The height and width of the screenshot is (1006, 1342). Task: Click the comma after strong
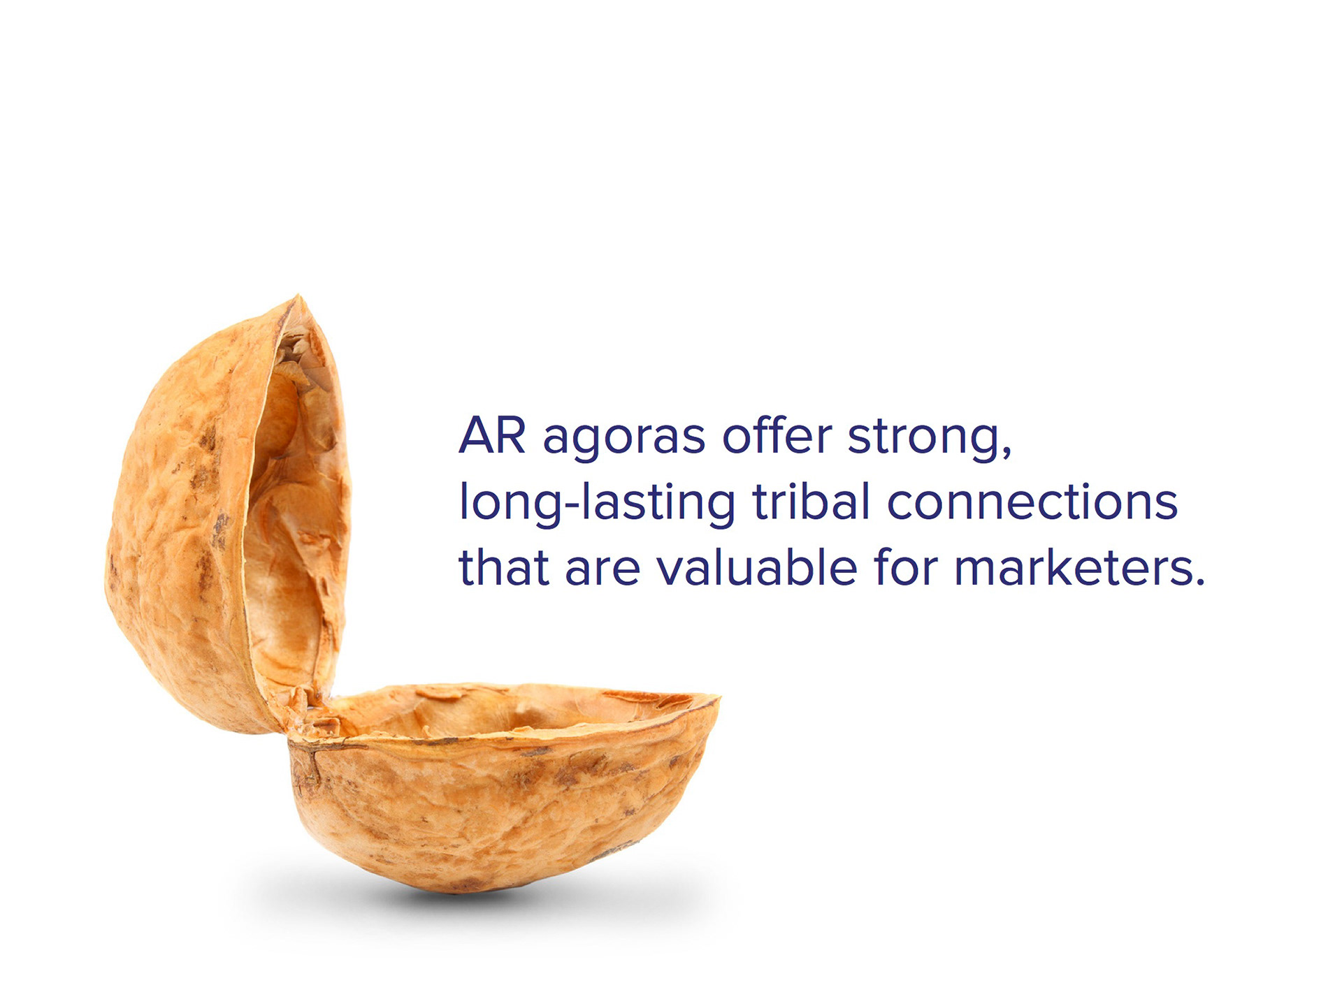click(x=1006, y=452)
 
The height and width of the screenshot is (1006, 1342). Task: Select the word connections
click(x=1032, y=501)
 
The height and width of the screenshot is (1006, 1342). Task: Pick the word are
click(x=603, y=571)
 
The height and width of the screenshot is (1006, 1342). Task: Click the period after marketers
click(x=1199, y=581)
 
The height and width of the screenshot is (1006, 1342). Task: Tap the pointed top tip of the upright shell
click(x=298, y=296)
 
